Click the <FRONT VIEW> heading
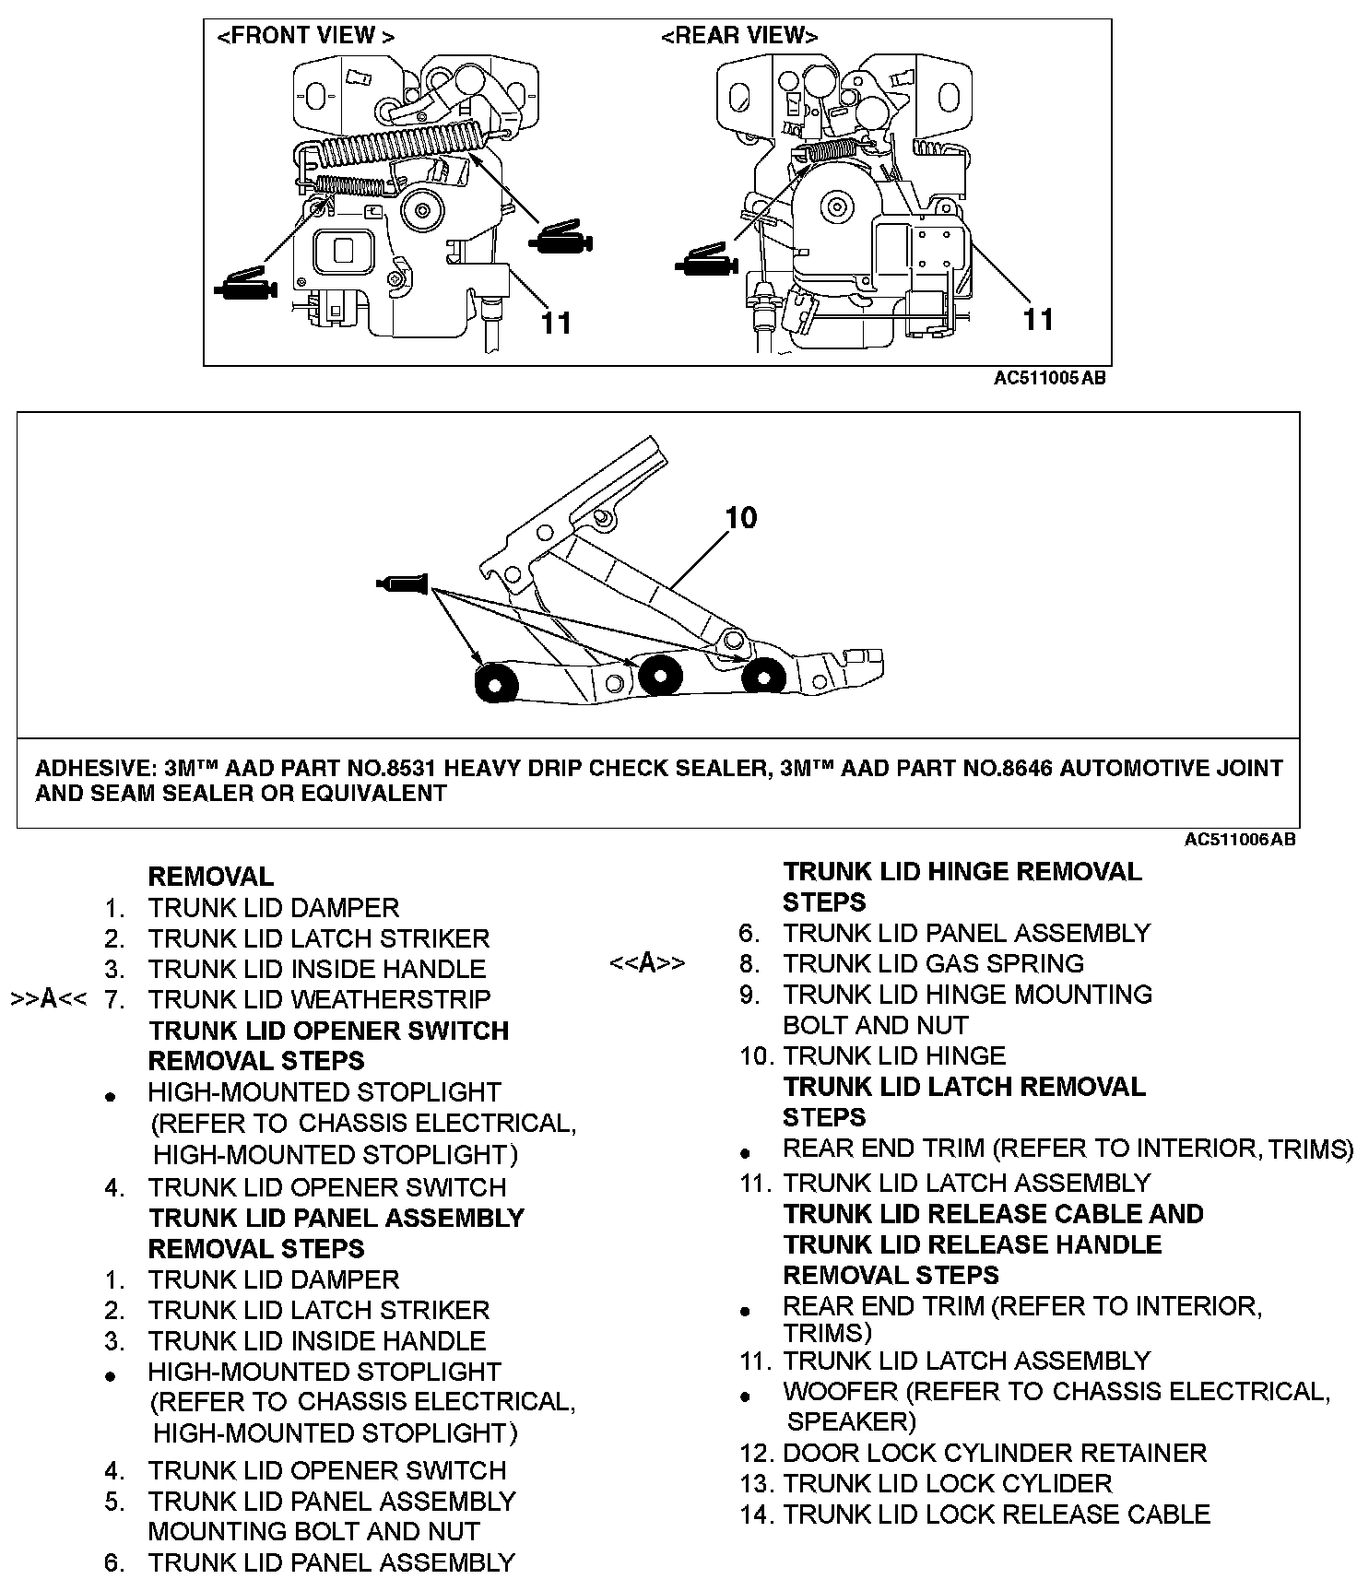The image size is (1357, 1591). coord(305,37)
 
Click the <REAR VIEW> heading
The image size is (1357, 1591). coord(739,37)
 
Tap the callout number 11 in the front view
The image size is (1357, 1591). coord(556,323)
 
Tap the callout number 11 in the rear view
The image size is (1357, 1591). coord(1039,319)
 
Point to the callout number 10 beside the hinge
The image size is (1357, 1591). coord(741,518)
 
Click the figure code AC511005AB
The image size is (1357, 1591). coord(1049,378)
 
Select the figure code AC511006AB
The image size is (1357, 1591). coord(1240,840)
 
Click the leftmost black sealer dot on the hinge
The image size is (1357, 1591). coord(496,685)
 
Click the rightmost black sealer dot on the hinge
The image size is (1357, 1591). coord(762,676)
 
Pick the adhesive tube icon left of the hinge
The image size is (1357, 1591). coord(403,583)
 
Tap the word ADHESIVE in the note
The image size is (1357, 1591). coord(95,769)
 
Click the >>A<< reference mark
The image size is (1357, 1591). coord(49,1000)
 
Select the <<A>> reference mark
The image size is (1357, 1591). coord(647,964)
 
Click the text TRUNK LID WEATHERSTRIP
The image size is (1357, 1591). coord(319,1000)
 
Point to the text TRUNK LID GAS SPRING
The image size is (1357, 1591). coord(933,964)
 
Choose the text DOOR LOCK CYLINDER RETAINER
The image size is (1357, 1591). coord(994,1454)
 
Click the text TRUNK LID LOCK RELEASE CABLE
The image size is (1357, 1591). coord(996,1514)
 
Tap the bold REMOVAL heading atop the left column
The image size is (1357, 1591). coord(211,877)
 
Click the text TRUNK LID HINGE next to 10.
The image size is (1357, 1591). coord(894,1056)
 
